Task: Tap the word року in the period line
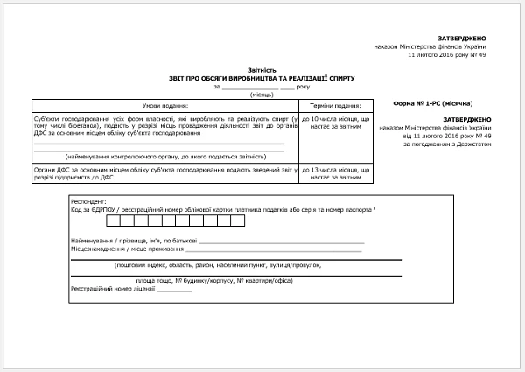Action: coord(303,86)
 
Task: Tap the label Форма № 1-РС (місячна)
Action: coord(434,102)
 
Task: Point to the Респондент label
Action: coord(88,200)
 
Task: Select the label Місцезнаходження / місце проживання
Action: coord(122,249)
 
